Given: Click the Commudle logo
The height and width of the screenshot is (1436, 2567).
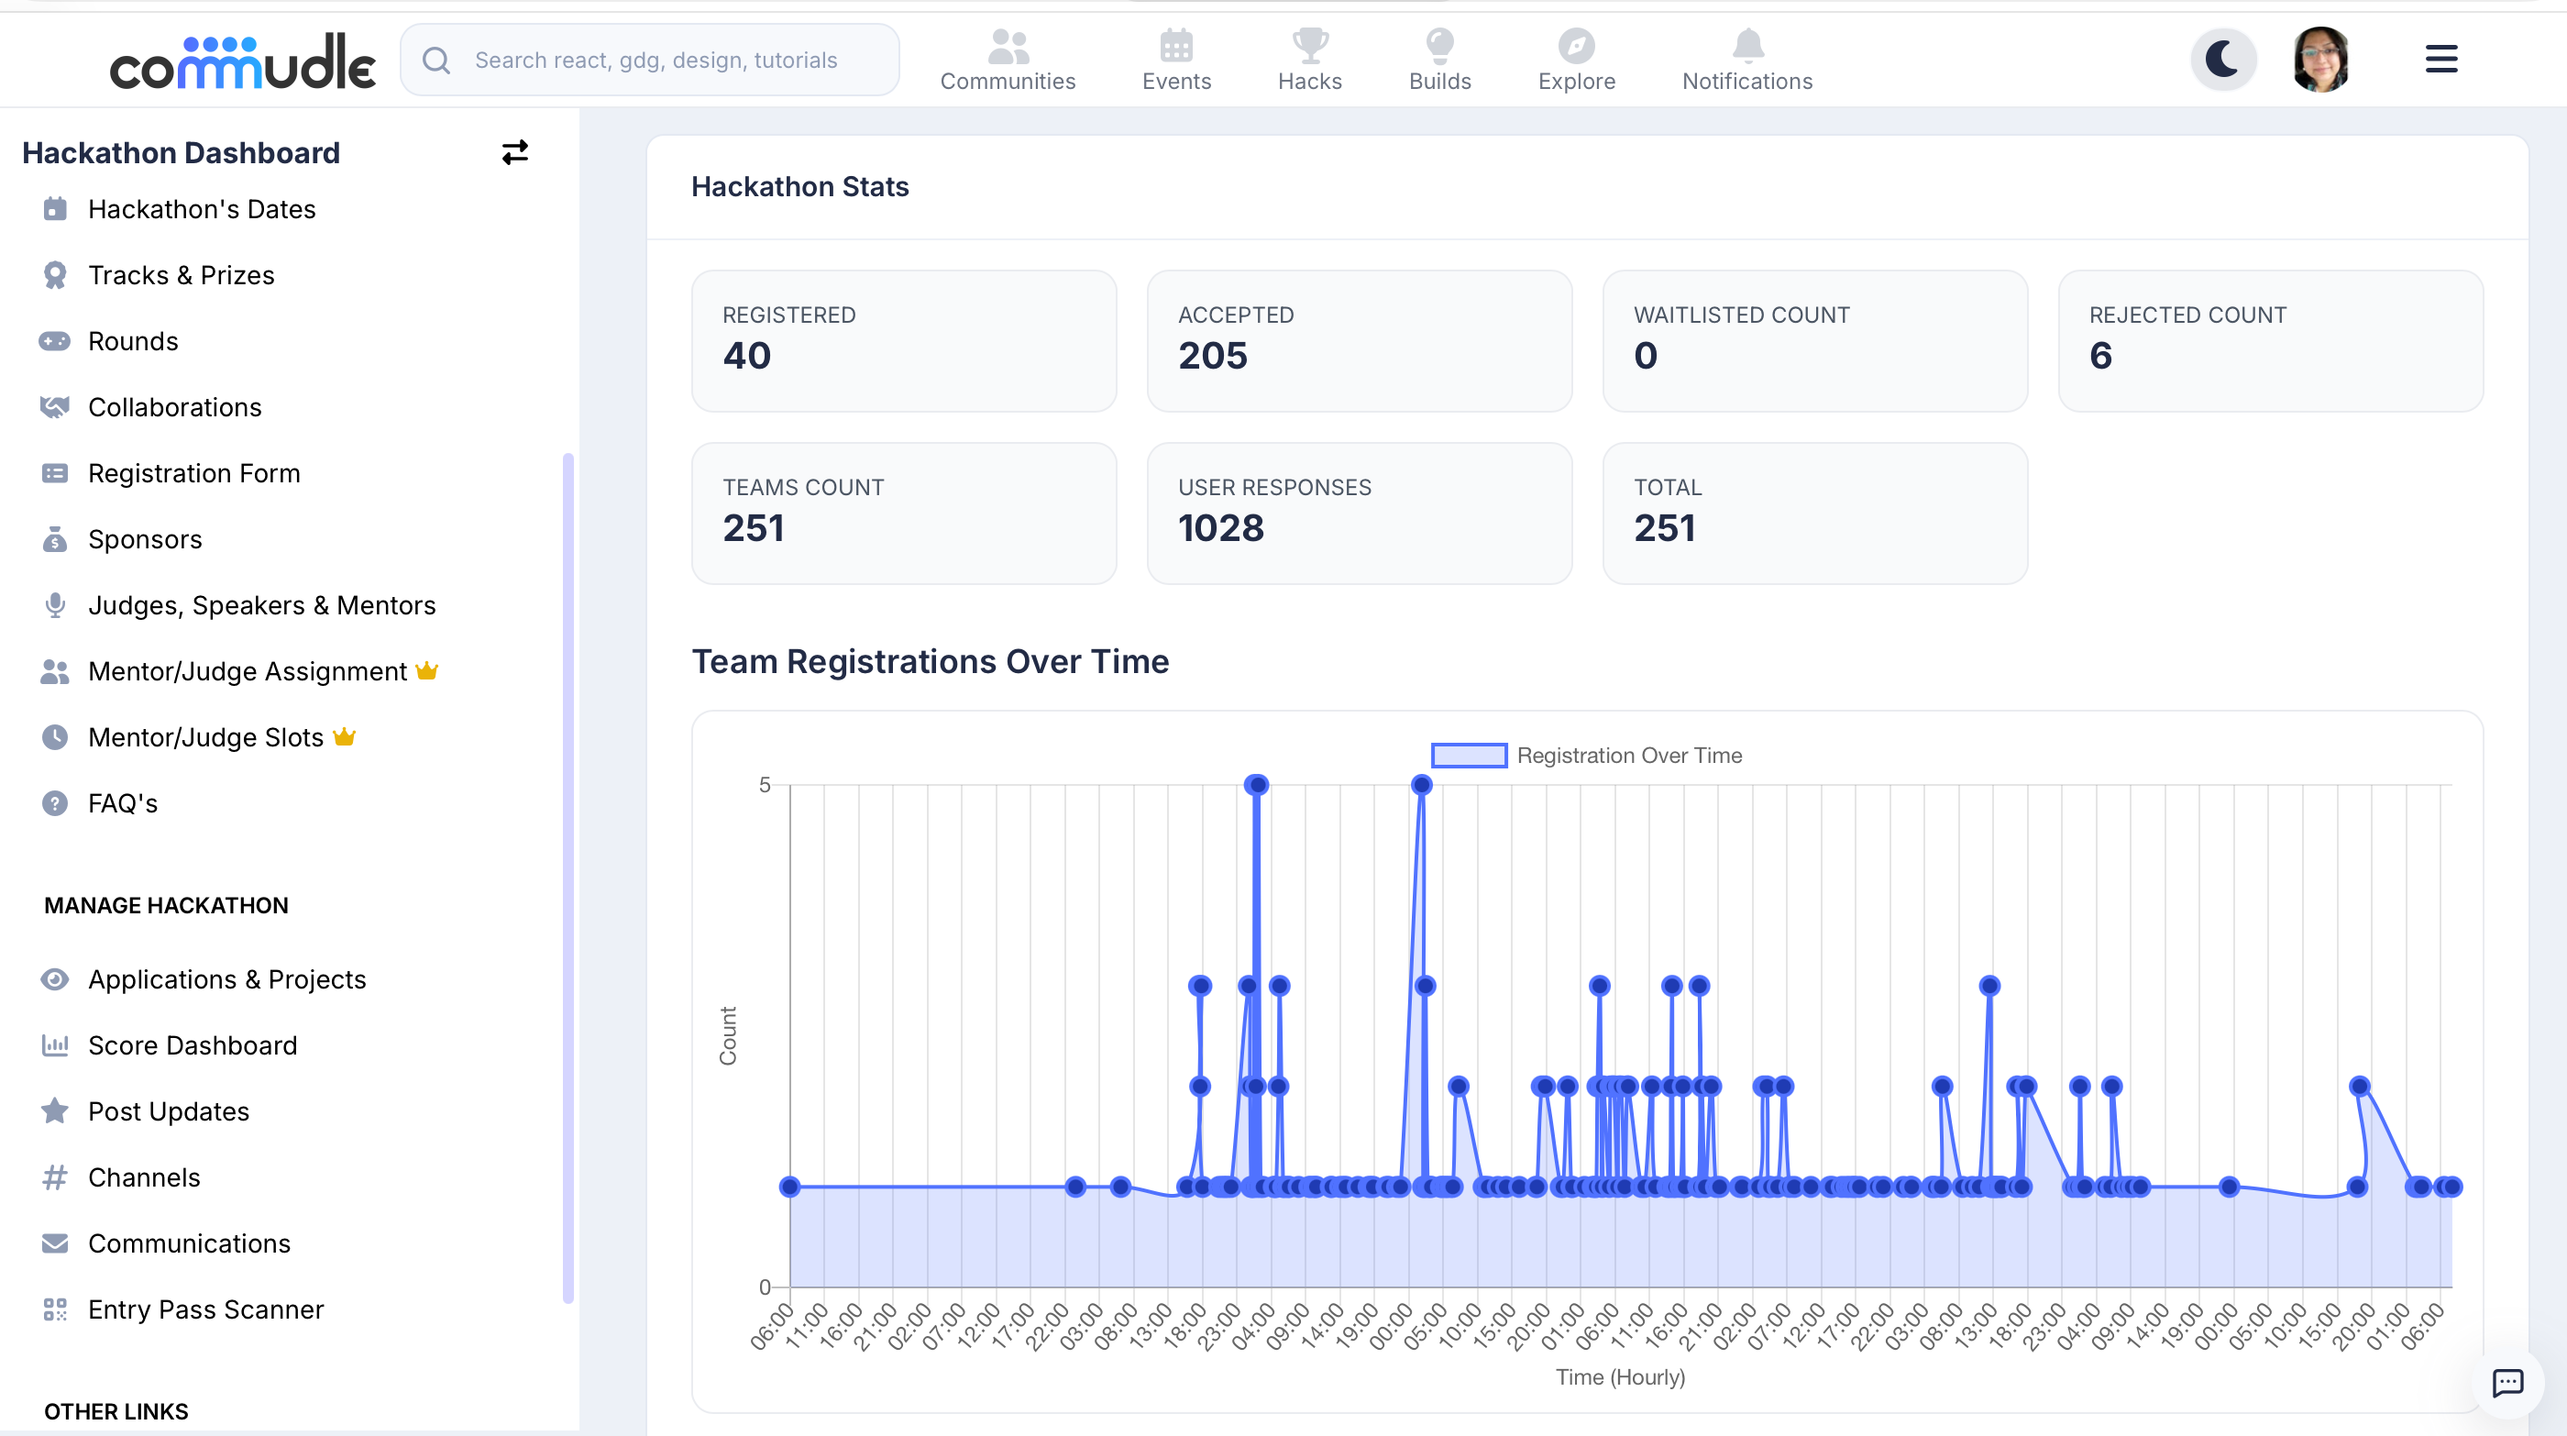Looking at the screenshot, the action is pyautogui.click(x=242, y=61).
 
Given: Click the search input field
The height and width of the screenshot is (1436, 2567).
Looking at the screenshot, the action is pyautogui.click(x=650, y=60).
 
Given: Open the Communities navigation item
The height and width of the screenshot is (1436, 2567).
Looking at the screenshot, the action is pyautogui.click(x=1008, y=60).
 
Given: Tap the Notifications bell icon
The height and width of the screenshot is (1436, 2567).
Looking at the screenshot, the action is pyautogui.click(x=1748, y=45).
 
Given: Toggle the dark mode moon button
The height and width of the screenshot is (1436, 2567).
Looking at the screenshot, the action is pyautogui.click(x=2222, y=59).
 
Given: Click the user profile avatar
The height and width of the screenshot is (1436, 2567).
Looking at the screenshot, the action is pyautogui.click(x=2321, y=59).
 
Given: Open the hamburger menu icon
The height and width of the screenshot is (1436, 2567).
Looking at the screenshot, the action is pyautogui.click(x=2440, y=59).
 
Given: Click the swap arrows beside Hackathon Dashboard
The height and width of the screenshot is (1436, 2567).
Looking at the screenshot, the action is pyautogui.click(x=514, y=152).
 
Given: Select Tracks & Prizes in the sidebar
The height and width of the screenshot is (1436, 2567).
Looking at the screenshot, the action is pyautogui.click(x=181, y=275).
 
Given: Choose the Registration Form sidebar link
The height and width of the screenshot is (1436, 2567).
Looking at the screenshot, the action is pyautogui.click(x=193, y=473).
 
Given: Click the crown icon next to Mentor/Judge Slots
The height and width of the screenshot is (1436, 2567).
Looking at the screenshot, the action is pyautogui.click(x=344, y=736).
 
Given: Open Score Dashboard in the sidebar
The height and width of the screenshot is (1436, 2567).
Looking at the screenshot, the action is pyautogui.click(x=193, y=1045).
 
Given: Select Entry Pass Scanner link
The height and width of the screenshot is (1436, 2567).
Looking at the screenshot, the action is pyautogui.click(x=205, y=1309).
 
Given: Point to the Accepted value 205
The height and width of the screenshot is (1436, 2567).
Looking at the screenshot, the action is pyautogui.click(x=1213, y=356).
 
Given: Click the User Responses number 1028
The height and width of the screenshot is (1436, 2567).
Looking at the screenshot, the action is pyautogui.click(x=1221, y=528).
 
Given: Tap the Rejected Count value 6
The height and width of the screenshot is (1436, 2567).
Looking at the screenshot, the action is pyautogui.click(x=2100, y=356).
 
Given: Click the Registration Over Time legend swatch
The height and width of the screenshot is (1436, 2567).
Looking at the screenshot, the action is pyautogui.click(x=1469, y=756).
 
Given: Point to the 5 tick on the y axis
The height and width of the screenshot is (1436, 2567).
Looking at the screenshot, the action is pyautogui.click(x=765, y=785).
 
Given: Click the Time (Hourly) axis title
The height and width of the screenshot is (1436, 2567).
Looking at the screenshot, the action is pyautogui.click(x=1620, y=1377).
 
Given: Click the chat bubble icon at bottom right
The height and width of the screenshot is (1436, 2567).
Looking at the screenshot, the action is pyautogui.click(x=2507, y=1382).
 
